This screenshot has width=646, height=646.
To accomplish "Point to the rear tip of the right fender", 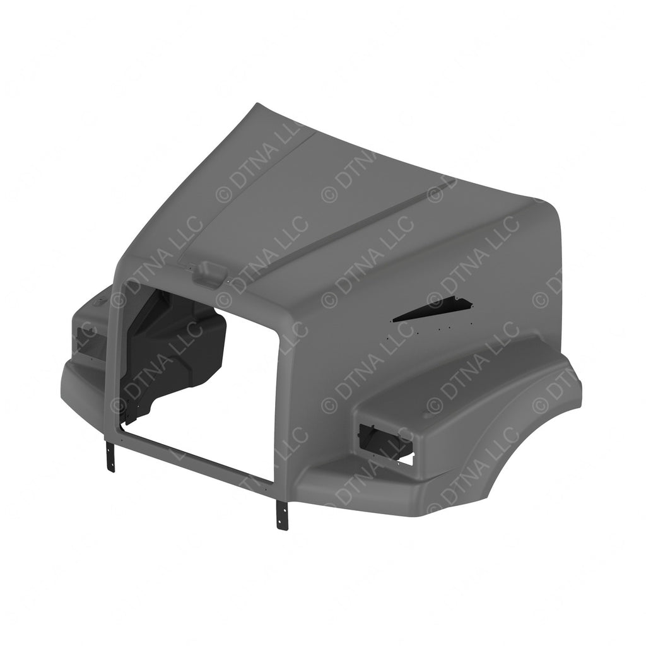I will [577, 397].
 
